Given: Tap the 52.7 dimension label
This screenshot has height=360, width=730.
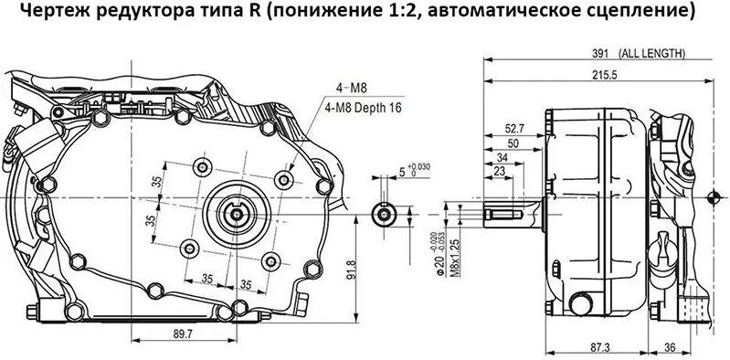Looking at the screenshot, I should coord(515,129).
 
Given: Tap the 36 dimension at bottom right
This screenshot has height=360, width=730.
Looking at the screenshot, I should coord(669,348).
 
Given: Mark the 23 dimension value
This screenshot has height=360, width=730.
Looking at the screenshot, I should coord(499,172).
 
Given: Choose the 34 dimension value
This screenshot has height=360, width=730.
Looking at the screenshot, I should coord(502,157).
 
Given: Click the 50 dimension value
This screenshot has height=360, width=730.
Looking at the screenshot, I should coord(512,143).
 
